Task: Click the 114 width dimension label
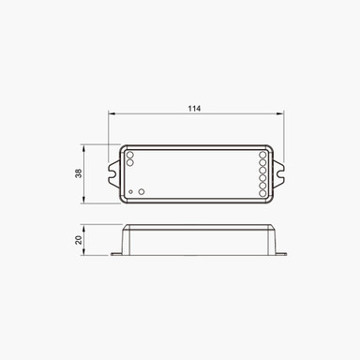[194, 109]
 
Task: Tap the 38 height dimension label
[79, 173]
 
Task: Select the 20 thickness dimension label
[79, 240]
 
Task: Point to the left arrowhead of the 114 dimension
[112, 114]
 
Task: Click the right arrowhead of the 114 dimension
[280, 114]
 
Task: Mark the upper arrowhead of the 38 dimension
[83, 148]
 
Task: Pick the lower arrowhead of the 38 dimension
[83, 200]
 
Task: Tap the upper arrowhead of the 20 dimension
[83, 228]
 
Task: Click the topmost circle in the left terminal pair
[130, 155]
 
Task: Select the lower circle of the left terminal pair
[130, 162]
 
